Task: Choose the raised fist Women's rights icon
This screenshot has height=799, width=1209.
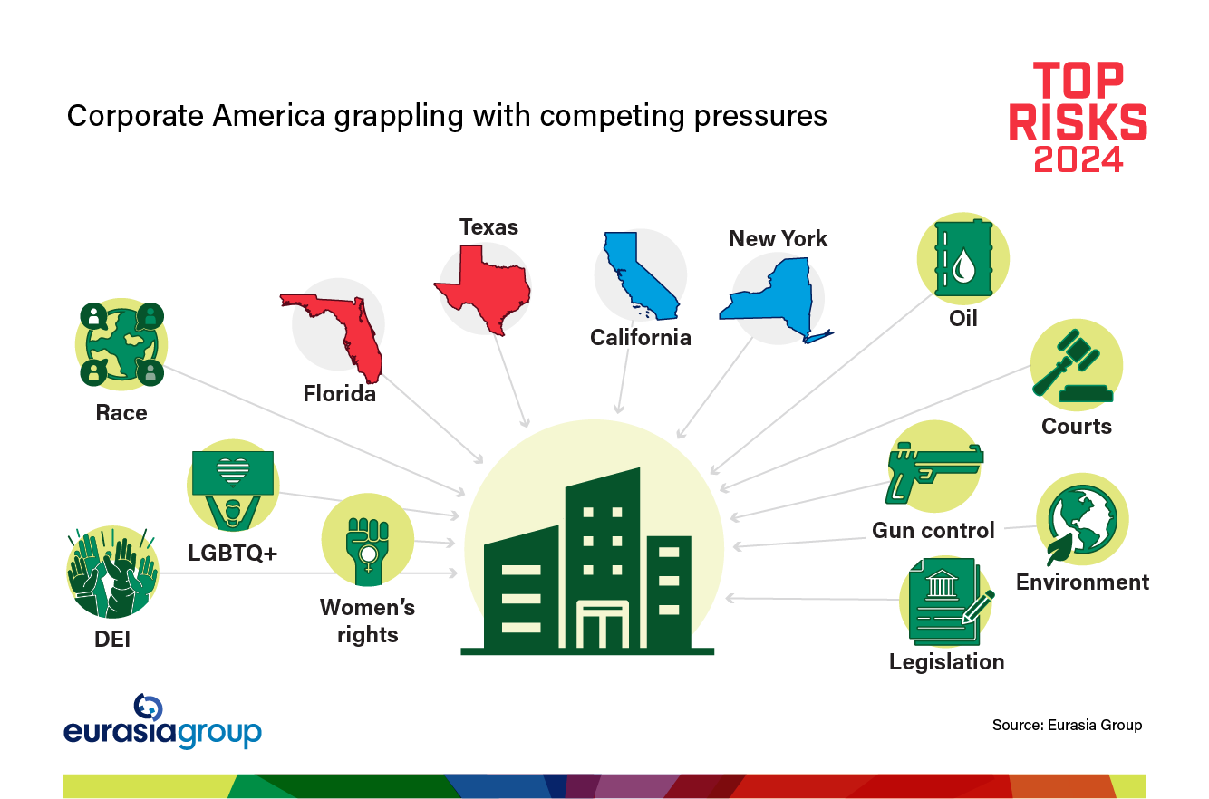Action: pos(367,543)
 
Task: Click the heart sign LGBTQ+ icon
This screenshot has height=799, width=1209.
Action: pos(232,486)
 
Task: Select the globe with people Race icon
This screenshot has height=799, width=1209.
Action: pos(121,344)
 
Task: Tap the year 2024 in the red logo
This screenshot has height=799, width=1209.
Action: pos(1078,159)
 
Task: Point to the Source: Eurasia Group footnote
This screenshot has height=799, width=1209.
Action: pos(1067,725)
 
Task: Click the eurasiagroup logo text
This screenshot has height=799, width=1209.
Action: pos(162,732)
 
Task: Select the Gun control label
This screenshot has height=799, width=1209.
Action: pos(933,530)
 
